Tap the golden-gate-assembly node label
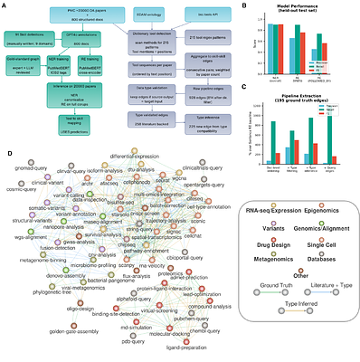(x=45, y=332)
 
